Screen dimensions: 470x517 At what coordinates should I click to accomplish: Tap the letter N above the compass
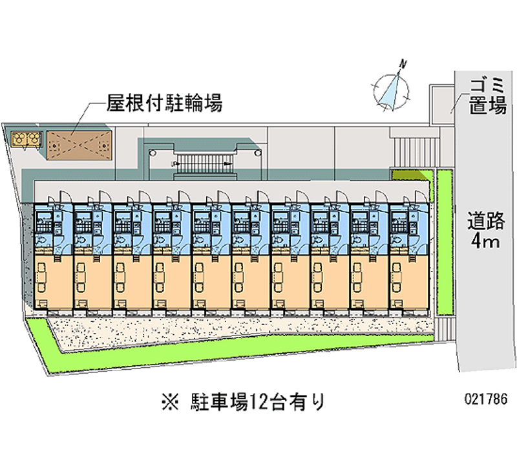tap(403, 63)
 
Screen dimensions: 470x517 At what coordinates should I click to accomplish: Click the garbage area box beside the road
tap(443, 101)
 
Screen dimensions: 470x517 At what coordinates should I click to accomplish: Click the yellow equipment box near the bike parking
tap(26, 138)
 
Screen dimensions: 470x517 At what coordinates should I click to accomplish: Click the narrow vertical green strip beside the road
tap(444, 242)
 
